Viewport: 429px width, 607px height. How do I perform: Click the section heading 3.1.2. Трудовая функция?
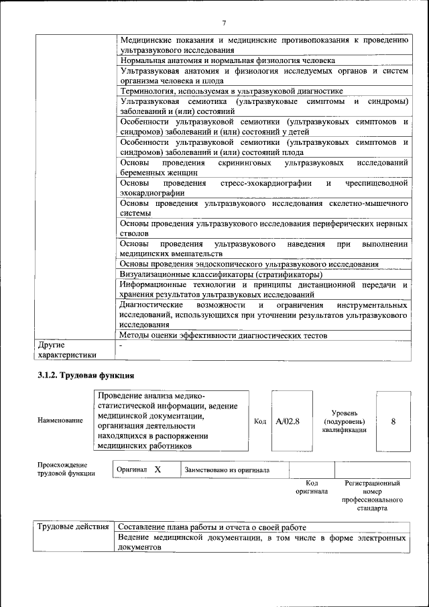[86, 376]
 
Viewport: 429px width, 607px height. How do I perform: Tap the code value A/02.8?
[288, 421]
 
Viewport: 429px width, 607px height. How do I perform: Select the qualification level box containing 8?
[393, 421]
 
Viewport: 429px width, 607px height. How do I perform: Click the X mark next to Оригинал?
[158, 470]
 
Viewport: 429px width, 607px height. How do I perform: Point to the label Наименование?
[60, 421]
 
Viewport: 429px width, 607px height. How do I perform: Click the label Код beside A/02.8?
[261, 421]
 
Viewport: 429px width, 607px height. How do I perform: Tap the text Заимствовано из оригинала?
[227, 470]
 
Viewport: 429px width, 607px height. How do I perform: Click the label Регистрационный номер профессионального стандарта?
[373, 496]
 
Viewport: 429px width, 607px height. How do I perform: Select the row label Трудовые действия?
[72, 527]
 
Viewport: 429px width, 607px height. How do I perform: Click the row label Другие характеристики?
[67, 349]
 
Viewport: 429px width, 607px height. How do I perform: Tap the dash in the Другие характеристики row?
[121, 345]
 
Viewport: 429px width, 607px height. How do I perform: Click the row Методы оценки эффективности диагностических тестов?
[223, 335]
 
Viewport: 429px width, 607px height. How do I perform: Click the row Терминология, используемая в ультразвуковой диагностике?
[231, 91]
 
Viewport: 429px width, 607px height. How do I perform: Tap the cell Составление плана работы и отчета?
[212, 527]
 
